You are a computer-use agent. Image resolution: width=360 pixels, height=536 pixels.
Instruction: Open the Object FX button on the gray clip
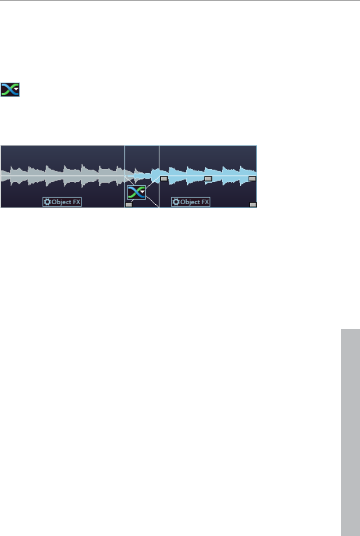pyautogui.click(x=62, y=202)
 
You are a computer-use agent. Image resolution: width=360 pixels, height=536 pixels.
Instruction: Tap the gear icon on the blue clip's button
pyautogui.click(x=176, y=202)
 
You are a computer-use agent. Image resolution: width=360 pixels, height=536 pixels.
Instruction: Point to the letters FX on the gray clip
pyautogui.click(x=76, y=202)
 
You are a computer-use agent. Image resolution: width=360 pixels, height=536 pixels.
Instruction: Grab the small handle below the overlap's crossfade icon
pyautogui.click(x=129, y=205)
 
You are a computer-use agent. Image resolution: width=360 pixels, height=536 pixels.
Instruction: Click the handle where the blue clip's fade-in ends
pyautogui.click(x=164, y=178)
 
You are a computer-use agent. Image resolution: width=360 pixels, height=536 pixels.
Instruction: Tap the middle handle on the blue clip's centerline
pyautogui.click(x=208, y=178)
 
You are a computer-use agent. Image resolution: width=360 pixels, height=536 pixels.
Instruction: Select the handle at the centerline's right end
pyautogui.click(x=252, y=178)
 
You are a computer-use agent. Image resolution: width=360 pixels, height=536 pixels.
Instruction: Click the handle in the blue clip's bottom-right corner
pyautogui.click(x=253, y=205)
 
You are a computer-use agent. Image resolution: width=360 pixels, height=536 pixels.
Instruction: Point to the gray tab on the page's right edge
pyautogui.click(x=350, y=432)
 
